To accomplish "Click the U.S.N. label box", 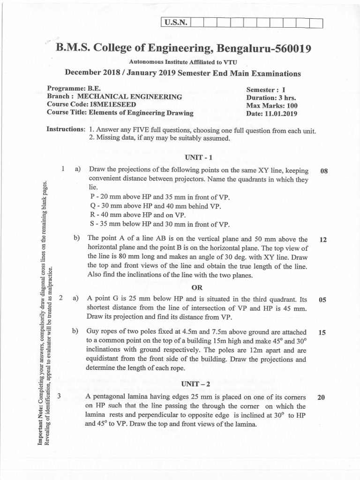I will tap(174, 22).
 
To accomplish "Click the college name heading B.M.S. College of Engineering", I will tap(183, 49).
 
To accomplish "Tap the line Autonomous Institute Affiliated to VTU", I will tap(182, 62).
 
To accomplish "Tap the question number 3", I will tap(60, 397).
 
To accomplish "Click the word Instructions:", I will tap(66, 129).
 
